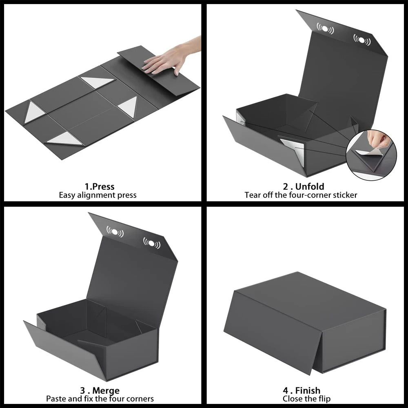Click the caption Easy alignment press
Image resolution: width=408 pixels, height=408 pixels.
98,195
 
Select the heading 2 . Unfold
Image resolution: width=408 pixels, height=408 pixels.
304,187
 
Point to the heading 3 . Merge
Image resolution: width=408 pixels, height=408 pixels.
100,391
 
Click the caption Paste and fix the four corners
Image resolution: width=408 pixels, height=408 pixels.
100,399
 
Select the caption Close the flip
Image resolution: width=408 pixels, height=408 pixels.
306,399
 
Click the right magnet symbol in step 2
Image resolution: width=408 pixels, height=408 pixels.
362,40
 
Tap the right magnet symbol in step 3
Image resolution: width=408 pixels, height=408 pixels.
152,243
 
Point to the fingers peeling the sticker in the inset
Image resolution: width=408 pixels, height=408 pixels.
377,141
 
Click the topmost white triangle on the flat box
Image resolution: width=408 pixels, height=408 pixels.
97,82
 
